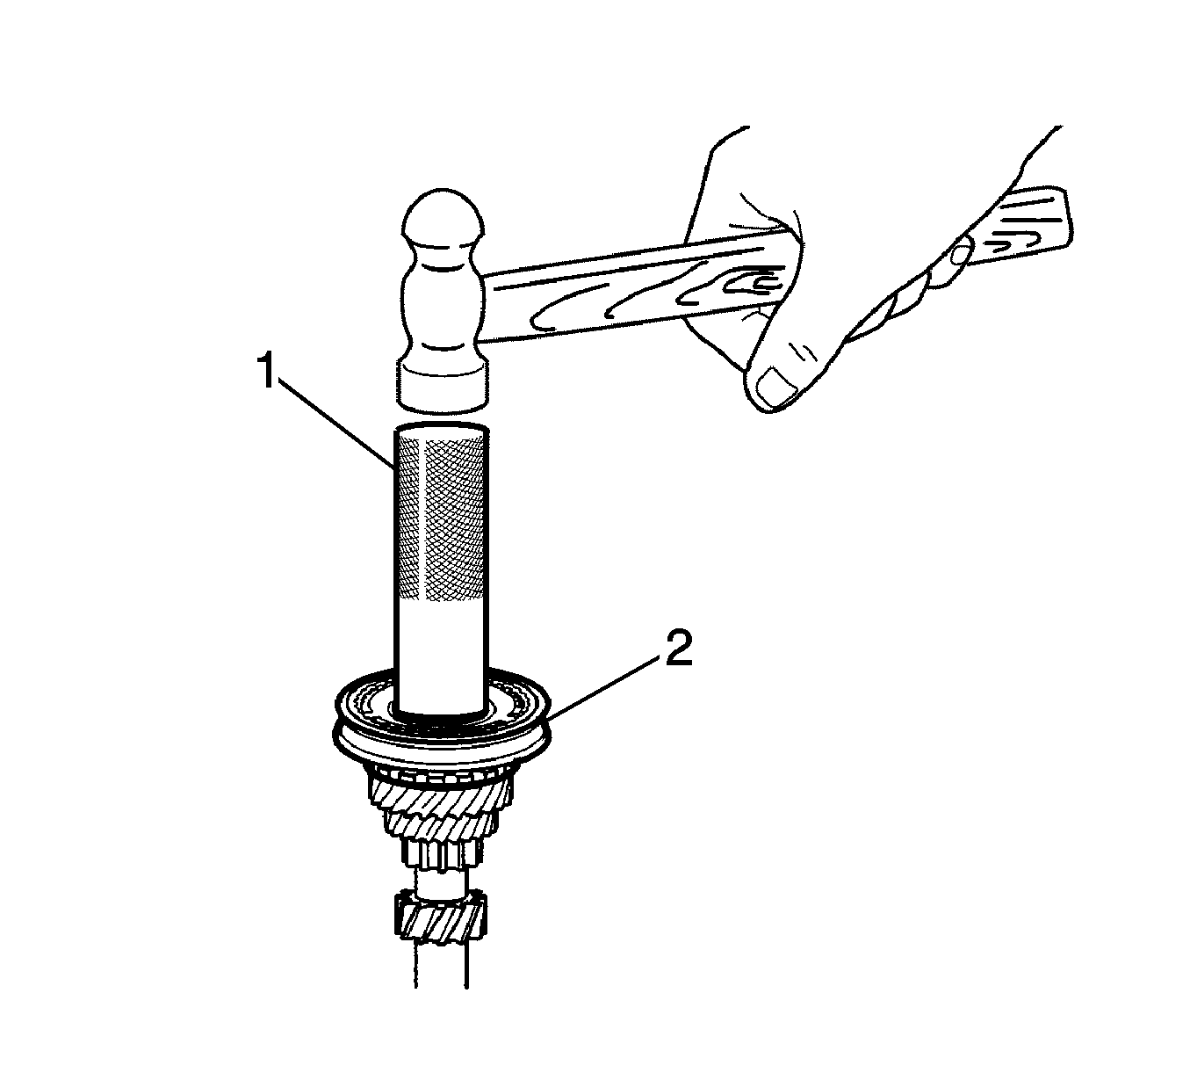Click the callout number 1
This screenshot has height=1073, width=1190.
268,370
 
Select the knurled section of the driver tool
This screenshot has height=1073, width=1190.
441,517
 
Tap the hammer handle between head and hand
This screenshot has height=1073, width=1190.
588,300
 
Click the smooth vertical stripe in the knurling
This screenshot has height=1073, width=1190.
422,518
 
